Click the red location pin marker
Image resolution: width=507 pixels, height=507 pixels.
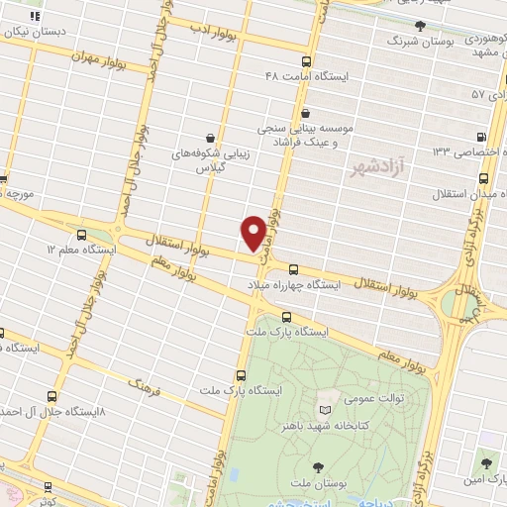(254, 232)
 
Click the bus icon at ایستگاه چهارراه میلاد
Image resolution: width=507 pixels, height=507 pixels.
(292, 268)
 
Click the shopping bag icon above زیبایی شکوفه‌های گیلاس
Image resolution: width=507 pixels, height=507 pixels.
(210, 138)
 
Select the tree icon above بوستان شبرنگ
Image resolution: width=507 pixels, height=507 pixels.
(420, 27)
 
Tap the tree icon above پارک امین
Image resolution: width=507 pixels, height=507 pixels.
(484, 462)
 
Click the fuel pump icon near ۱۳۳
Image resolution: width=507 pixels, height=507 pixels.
(481, 138)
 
